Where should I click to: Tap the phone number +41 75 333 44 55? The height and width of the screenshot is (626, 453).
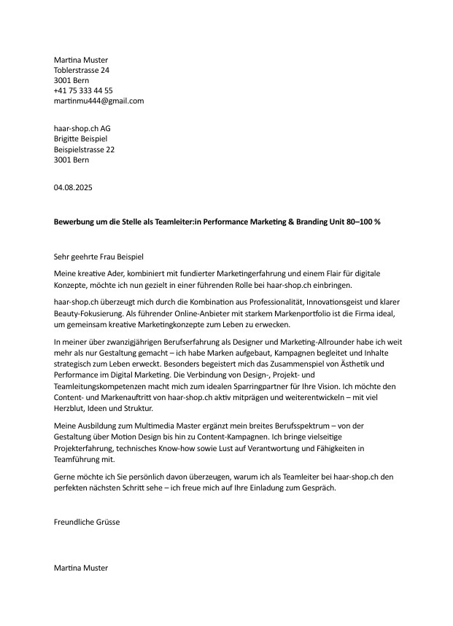coord(83,90)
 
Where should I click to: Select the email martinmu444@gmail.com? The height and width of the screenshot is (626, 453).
coord(98,101)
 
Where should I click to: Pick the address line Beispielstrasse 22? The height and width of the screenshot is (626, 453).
coord(85,149)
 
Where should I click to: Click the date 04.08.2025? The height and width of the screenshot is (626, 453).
coord(73,188)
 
